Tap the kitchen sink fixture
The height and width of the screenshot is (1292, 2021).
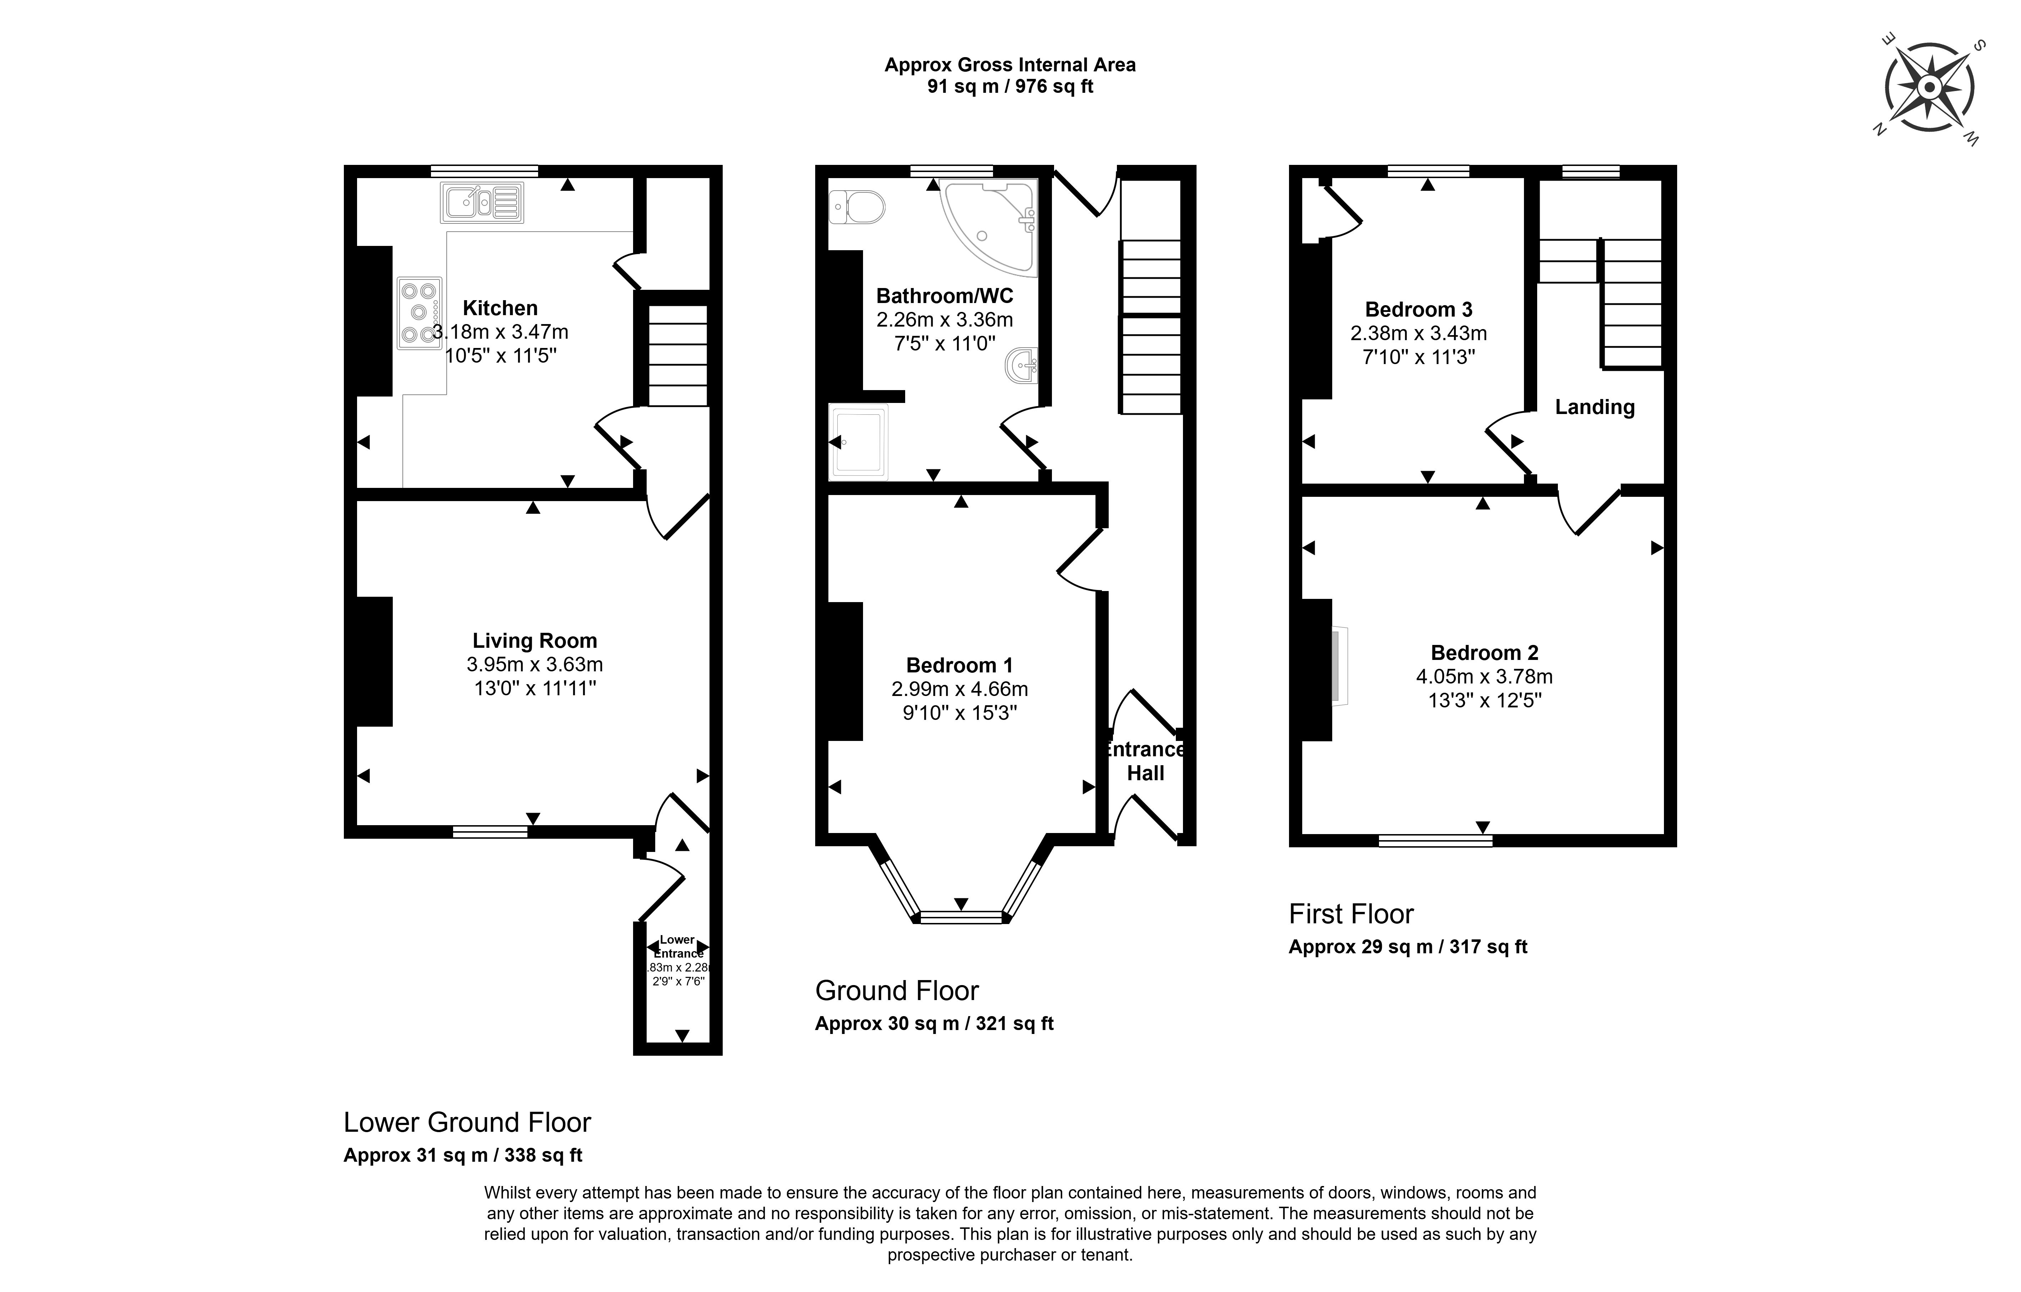[482, 202]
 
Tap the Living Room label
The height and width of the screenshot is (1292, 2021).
[535, 641]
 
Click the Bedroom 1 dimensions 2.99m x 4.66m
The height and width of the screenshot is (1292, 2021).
[959, 689]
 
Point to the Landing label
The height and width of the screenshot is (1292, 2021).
[1595, 408]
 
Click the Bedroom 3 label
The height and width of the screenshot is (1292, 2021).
[1418, 309]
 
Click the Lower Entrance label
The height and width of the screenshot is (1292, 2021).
[678, 947]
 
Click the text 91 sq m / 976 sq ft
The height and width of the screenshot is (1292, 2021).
[1010, 86]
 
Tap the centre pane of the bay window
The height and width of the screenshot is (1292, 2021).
[962, 918]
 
